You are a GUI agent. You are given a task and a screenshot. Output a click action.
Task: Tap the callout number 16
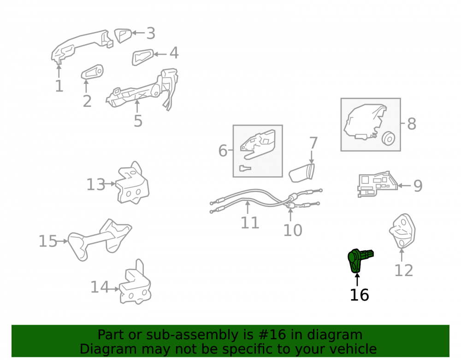[x=359, y=295]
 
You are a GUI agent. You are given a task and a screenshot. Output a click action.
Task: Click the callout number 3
[x=151, y=33]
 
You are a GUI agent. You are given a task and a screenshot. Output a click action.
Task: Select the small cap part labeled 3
[x=123, y=35]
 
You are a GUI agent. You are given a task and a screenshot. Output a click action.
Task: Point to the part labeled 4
[x=142, y=57]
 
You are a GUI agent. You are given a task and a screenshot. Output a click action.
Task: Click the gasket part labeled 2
[x=92, y=72]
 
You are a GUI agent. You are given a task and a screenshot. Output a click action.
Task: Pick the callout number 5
[x=138, y=121]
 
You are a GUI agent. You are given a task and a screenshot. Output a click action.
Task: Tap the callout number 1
[x=59, y=86]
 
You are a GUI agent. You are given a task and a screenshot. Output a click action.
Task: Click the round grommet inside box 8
[x=388, y=138]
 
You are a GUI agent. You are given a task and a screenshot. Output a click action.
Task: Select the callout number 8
[x=412, y=124]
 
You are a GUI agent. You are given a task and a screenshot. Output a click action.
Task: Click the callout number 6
[x=223, y=150]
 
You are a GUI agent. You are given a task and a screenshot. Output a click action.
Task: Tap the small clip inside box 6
[x=245, y=168]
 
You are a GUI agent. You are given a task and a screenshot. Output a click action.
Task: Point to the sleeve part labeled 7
[x=301, y=173]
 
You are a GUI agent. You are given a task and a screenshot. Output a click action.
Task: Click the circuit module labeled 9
[x=377, y=184]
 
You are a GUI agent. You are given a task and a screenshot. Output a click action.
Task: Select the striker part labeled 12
[x=402, y=230]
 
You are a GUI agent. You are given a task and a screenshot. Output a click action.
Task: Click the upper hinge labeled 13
[x=132, y=183]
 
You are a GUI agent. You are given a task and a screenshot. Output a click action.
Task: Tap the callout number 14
[x=100, y=287]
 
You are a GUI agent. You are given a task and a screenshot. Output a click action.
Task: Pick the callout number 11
[x=250, y=223]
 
